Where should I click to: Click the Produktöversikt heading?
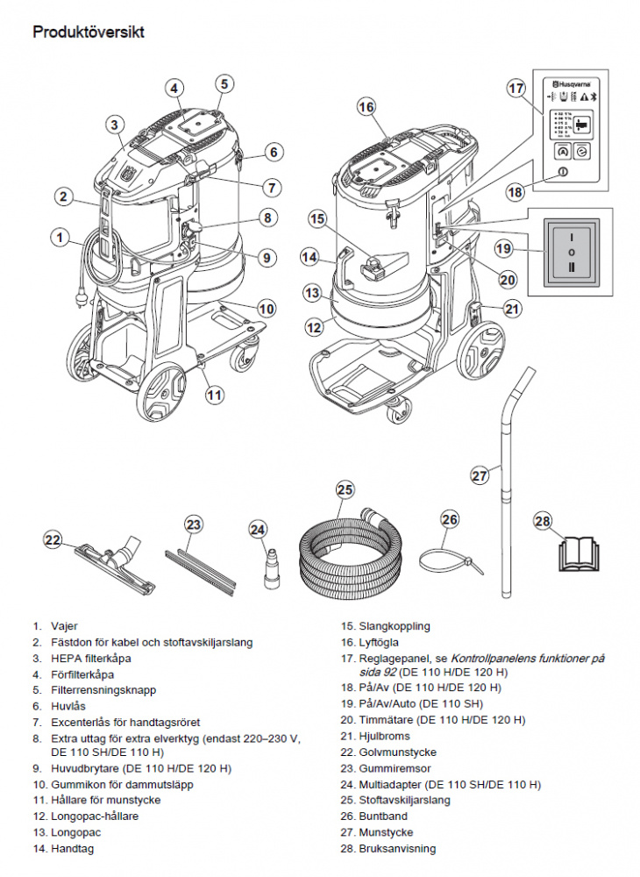tap(89, 32)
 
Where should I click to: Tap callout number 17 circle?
tap(516, 89)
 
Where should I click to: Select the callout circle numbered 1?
tap(60, 236)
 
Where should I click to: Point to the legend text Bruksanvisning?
tap(397, 848)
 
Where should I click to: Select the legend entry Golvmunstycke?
tap(397, 752)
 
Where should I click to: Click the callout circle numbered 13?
tap(312, 292)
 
